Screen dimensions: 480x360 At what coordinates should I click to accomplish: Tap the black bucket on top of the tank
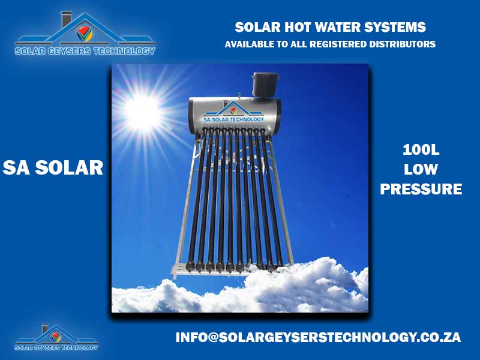[265, 85]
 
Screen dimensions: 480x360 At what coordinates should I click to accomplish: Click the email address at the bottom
[318, 337]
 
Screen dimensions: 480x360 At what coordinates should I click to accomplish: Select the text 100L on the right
[421, 150]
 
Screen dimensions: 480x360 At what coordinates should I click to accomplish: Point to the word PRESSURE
[421, 189]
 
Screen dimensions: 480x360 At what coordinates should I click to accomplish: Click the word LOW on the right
[421, 169]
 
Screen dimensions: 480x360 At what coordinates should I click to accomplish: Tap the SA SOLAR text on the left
[53, 168]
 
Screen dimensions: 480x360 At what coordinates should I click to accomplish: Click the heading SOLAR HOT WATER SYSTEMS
[331, 27]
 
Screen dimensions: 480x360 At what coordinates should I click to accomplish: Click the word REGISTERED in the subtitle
[338, 44]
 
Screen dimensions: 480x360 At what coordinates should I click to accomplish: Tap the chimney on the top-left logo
[67, 19]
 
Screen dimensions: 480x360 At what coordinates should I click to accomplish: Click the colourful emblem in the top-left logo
[85, 34]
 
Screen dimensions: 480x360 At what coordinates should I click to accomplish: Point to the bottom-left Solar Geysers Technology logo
[56, 337]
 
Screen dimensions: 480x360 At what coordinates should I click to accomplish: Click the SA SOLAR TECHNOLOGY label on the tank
[233, 119]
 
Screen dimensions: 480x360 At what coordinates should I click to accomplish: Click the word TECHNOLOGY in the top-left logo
[124, 51]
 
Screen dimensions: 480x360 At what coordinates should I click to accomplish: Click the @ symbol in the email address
[213, 337]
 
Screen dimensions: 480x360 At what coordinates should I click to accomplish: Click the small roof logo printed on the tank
[233, 109]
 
